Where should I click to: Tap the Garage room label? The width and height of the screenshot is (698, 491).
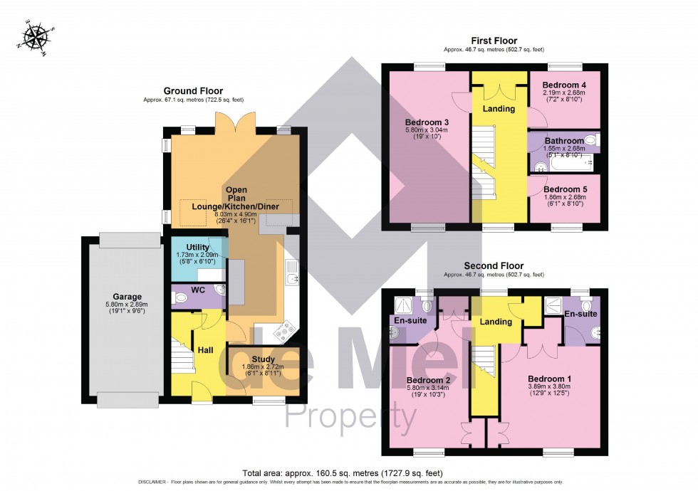point(127,297)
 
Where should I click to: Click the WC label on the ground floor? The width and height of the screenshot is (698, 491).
point(199,290)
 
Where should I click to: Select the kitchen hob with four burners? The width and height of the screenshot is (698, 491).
point(286,329)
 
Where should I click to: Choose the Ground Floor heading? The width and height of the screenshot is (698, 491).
point(193,91)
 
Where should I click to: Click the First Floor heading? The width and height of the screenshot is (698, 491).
point(494,41)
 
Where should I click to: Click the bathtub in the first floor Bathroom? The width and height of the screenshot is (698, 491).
point(563,164)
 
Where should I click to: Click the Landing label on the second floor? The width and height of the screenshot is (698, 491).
point(496,322)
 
